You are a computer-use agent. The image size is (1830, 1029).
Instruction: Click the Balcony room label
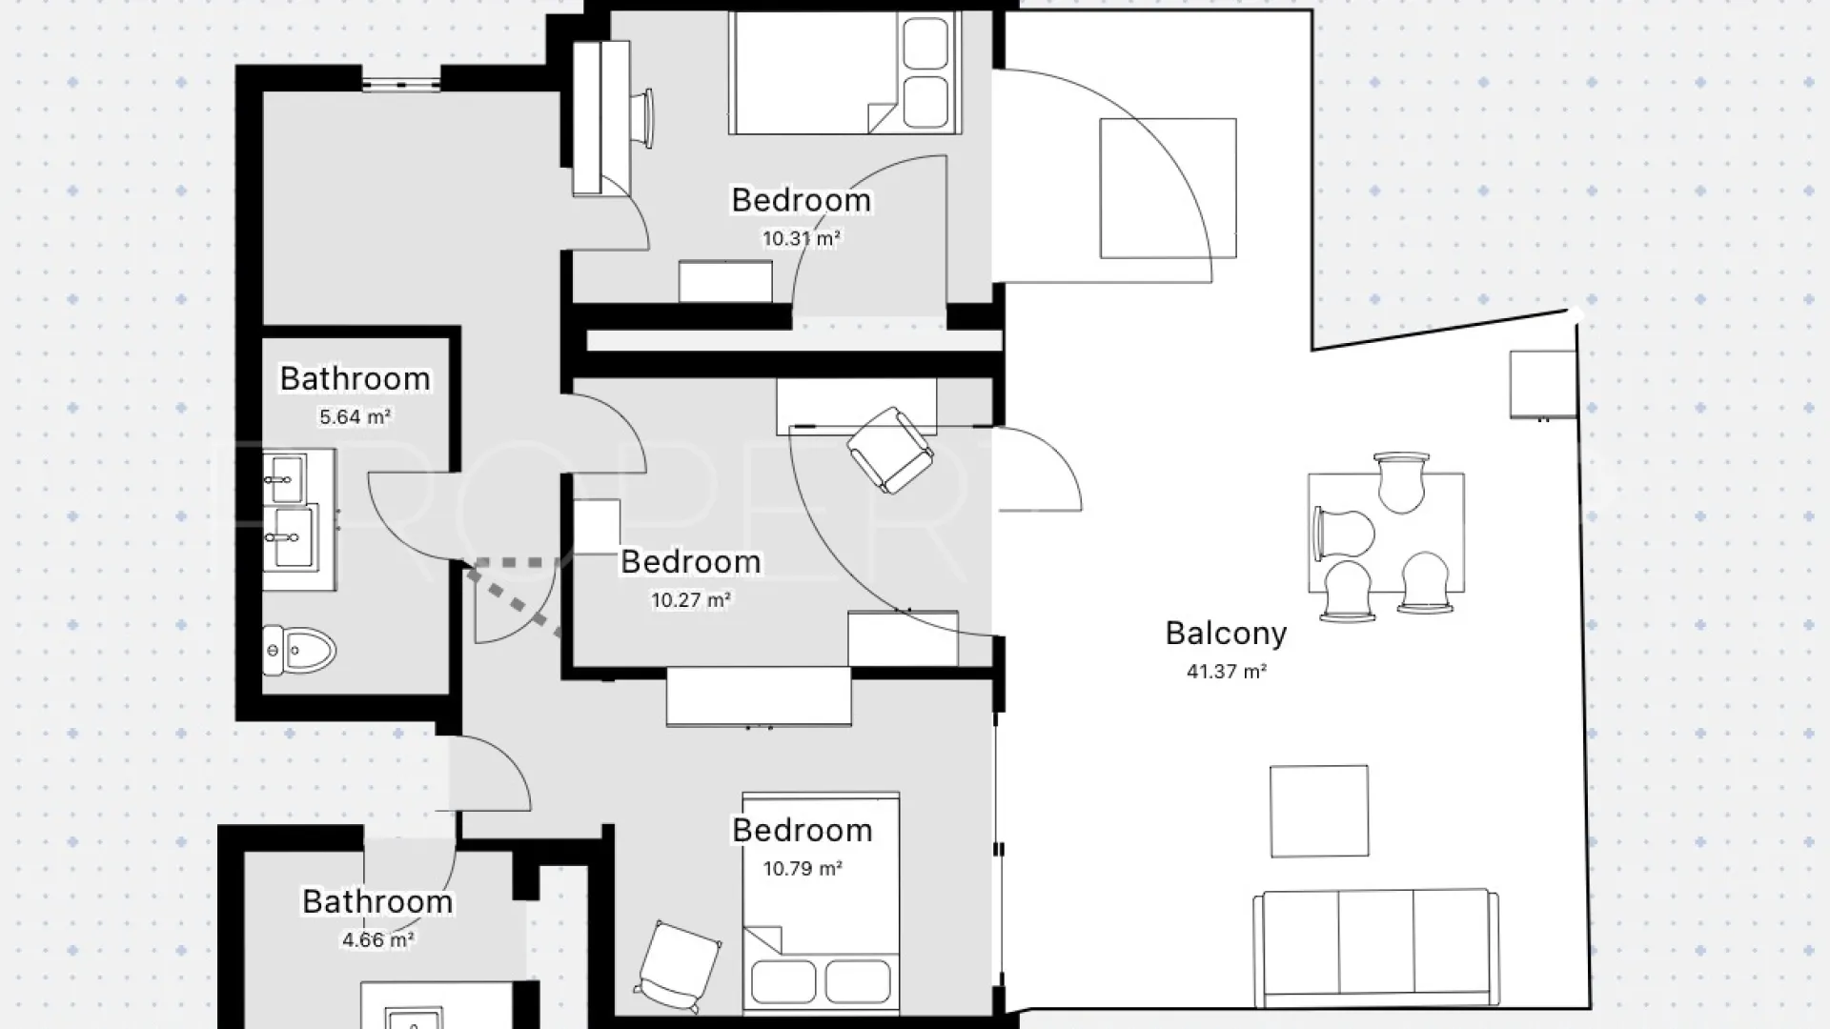(1226, 634)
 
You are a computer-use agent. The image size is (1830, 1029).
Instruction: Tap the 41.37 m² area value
(1226, 672)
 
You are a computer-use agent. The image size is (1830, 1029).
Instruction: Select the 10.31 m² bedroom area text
(801, 238)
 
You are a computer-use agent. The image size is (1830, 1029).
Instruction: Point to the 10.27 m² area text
(691, 600)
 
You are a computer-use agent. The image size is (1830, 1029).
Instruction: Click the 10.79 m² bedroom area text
(803, 869)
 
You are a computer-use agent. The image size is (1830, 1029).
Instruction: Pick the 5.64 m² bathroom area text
(355, 416)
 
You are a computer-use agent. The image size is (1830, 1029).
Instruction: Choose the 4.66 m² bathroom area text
(377, 940)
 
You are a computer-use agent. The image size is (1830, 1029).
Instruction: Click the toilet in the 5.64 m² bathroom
(299, 652)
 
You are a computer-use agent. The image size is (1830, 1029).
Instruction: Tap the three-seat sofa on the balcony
(1375, 948)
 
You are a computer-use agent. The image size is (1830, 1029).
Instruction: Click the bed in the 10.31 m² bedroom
(844, 72)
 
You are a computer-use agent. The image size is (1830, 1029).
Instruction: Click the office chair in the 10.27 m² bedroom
(890, 451)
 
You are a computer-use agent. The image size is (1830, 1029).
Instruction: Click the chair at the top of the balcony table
(1400, 482)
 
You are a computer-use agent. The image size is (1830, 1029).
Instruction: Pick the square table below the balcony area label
(1319, 811)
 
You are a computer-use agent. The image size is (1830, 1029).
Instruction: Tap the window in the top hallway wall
(401, 85)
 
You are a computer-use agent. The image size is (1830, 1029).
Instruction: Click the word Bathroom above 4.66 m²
(377, 901)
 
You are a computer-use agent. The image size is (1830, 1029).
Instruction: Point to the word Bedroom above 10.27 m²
(691, 562)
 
